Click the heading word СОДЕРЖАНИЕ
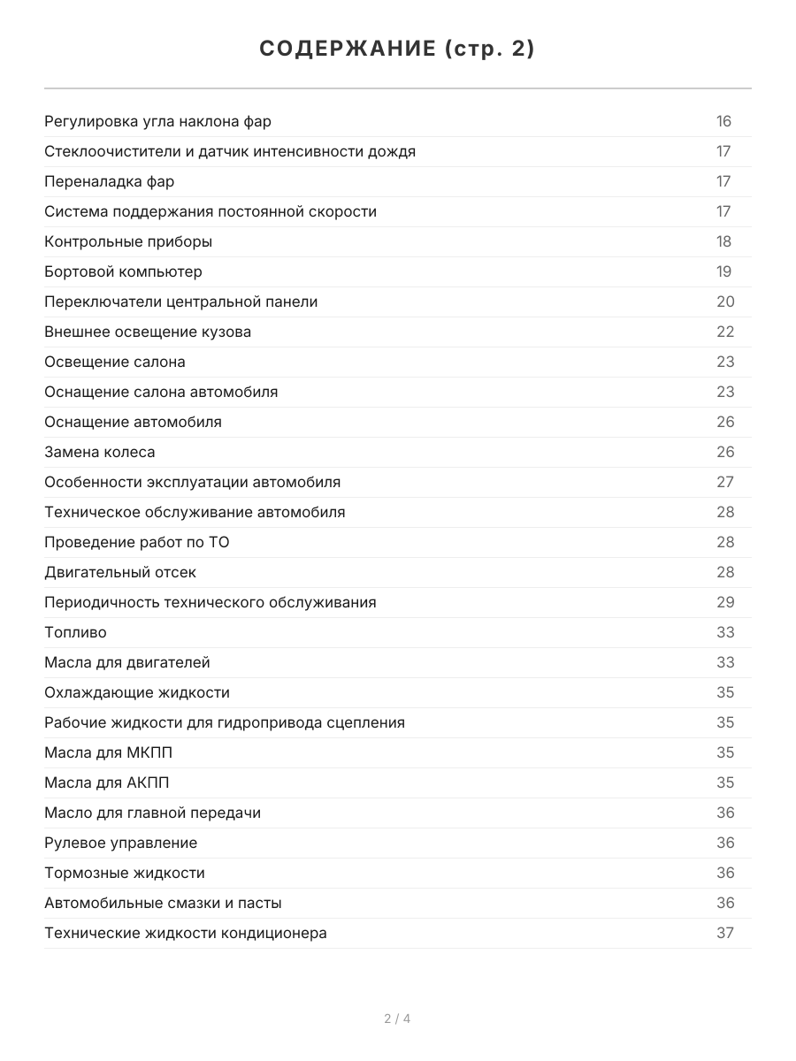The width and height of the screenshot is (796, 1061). pyautogui.click(x=345, y=50)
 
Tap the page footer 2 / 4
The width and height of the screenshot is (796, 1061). pyautogui.click(x=397, y=1019)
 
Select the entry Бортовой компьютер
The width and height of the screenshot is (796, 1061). pyautogui.click(x=123, y=271)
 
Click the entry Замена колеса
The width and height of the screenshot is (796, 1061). pyautogui.click(x=99, y=452)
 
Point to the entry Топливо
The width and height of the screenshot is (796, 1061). pyautogui.click(x=75, y=632)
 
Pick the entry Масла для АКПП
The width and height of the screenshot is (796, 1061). pyautogui.click(x=106, y=782)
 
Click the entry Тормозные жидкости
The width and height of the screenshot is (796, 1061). pyautogui.click(x=124, y=873)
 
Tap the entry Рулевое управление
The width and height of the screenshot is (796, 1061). pyautogui.click(x=120, y=843)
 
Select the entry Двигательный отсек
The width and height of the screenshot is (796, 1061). pyautogui.click(x=120, y=572)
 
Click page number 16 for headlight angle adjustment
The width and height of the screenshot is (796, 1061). pyautogui.click(x=723, y=121)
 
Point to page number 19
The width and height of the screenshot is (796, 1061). pyautogui.click(x=723, y=271)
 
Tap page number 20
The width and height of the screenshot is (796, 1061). pyautogui.click(x=725, y=302)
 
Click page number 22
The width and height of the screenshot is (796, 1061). pyautogui.click(x=725, y=332)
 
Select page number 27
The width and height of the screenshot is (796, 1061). pyautogui.click(x=725, y=482)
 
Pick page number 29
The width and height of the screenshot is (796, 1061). pyautogui.click(x=725, y=602)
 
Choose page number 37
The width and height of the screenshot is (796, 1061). pyautogui.click(x=725, y=933)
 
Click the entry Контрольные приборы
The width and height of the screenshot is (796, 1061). pyautogui.click(x=128, y=241)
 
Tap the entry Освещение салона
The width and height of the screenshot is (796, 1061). pyautogui.click(x=115, y=362)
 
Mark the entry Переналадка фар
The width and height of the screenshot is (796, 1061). pyautogui.click(x=109, y=181)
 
